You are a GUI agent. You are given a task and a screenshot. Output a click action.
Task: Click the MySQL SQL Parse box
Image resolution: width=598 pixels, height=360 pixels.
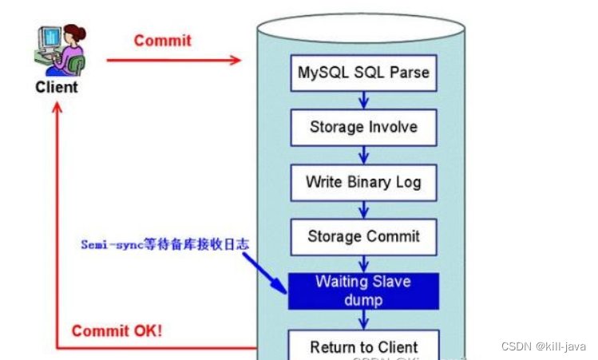click(x=363, y=73)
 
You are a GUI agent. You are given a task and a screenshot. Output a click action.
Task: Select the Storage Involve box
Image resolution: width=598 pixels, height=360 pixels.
click(x=363, y=127)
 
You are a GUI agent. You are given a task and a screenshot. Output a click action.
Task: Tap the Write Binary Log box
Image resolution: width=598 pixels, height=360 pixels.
click(x=363, y=181)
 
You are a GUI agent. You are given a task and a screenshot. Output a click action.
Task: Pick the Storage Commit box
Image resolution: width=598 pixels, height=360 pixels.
click(x=363, y=236)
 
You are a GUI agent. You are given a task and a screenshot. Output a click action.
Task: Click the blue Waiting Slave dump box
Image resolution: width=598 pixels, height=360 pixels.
click(x=363, y=291)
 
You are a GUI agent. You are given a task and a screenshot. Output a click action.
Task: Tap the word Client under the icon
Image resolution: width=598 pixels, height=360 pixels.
click(x=57, y=87)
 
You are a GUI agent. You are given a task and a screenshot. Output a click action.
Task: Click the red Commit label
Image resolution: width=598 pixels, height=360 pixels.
click(x=163, y=40)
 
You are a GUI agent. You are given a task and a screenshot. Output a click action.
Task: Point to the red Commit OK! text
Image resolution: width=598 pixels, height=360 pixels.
click(x=117, y=330)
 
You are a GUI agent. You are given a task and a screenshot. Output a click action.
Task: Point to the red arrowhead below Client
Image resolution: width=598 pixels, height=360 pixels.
click(x=57, y=109)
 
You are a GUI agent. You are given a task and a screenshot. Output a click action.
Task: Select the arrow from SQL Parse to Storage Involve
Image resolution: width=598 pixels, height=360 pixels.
click(x=363, y=100)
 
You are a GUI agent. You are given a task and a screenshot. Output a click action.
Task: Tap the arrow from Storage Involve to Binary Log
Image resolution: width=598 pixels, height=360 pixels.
click(x=363, y=154)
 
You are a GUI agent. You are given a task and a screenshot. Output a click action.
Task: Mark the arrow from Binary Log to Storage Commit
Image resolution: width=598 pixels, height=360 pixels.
click(x=363, y=209)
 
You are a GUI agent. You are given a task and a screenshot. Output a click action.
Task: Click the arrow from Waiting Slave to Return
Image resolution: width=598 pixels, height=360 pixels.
click(x=363, y=318)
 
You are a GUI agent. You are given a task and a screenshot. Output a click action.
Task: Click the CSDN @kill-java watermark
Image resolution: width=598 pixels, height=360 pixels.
click(x=544, y=346)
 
